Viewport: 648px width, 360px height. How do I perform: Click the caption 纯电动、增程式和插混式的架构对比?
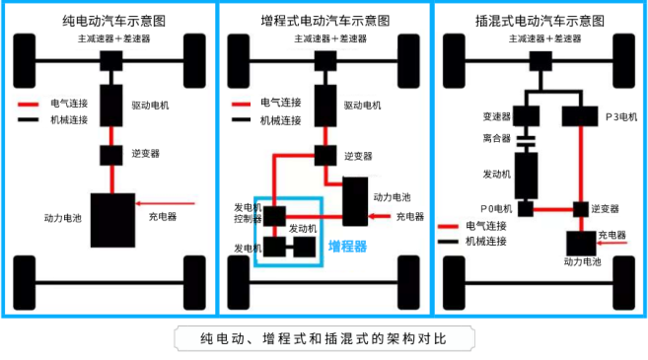tap(324, 338)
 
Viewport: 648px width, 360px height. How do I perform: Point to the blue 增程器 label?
tap(347, 246)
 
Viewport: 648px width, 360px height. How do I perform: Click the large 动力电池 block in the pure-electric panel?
tap(112, 220)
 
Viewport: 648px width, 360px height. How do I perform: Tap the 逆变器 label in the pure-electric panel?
tap(145, 154)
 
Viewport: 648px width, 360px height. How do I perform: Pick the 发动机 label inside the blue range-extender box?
tap(303, 228)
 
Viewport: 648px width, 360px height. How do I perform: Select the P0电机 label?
tap(496, 208)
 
